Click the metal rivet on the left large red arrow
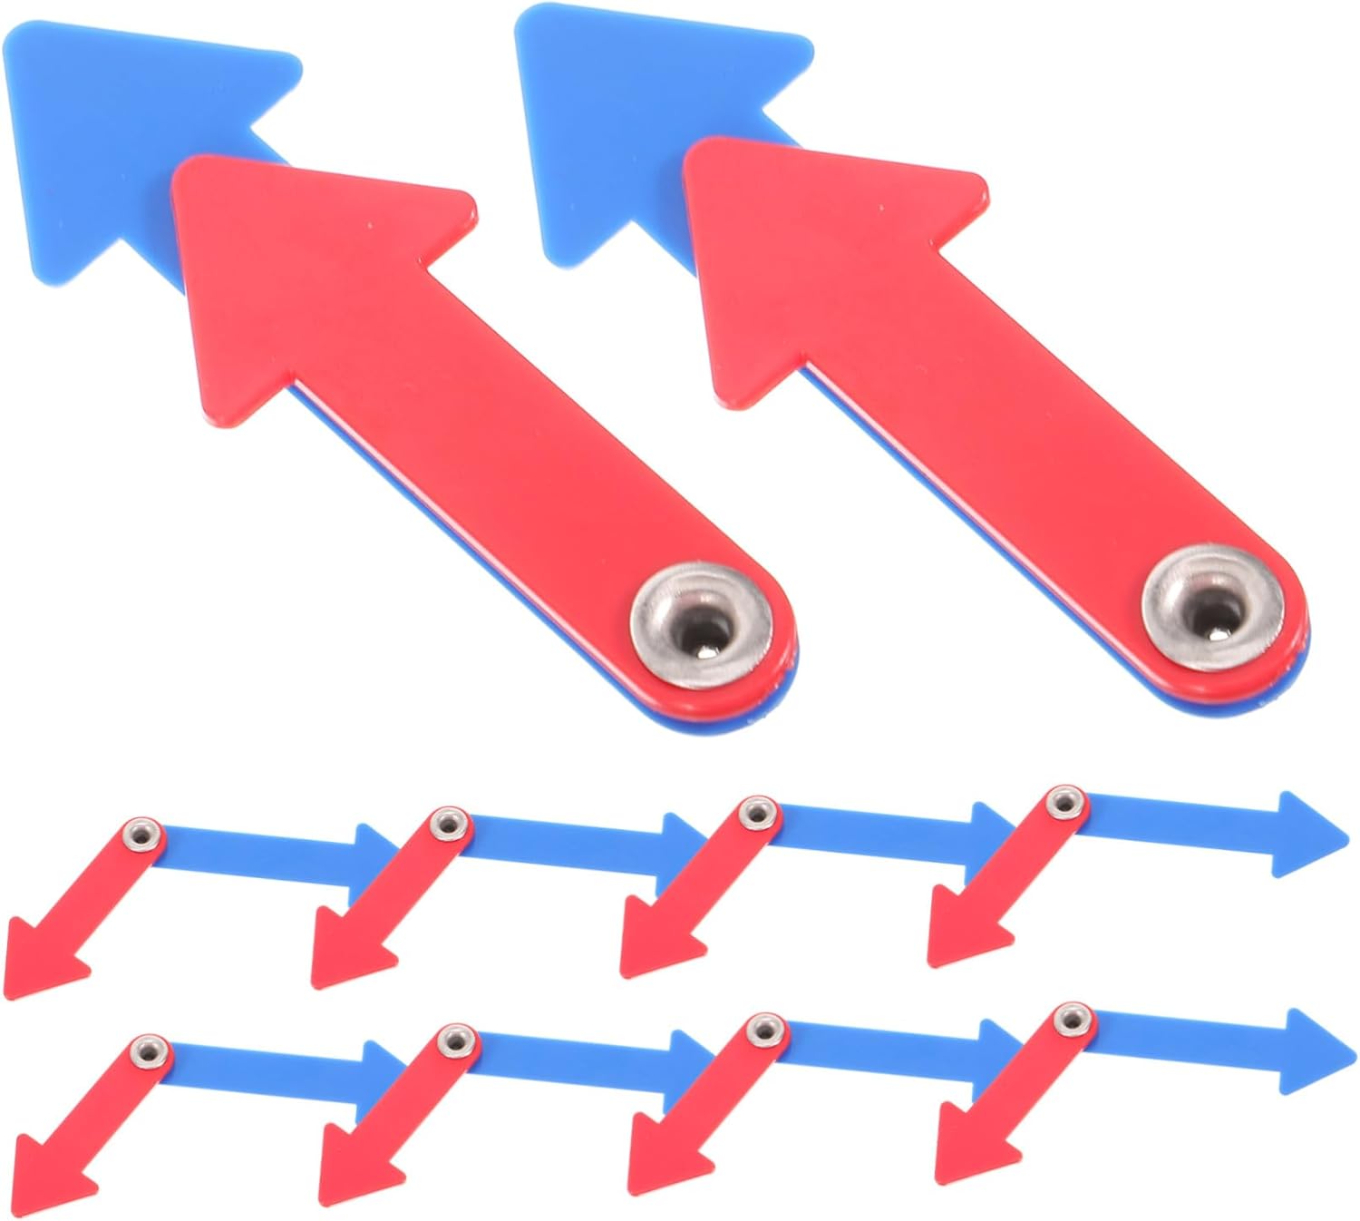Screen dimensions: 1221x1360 click(701, 624)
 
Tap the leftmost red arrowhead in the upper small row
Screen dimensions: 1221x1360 click(41, 957)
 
